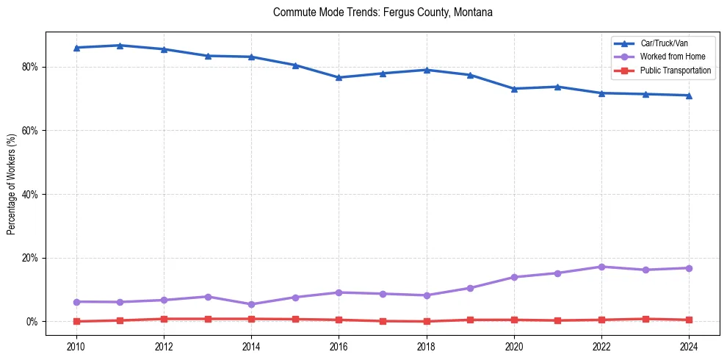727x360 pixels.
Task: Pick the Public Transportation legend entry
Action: [675, 71]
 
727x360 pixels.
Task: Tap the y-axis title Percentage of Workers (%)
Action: [12, 184]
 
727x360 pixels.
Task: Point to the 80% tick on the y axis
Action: [31, 67]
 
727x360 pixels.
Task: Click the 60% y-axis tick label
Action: [31, 131]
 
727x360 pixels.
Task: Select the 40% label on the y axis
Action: [31, 195]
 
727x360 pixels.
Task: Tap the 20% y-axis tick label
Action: [31, 258]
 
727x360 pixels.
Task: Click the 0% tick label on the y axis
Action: [33, 322]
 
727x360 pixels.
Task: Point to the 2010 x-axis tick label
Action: [76, 347]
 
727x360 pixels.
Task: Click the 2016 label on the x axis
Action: [339, 347]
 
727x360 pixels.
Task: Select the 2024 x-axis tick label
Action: [689, 347]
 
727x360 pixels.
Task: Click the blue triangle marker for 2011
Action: [120, 46]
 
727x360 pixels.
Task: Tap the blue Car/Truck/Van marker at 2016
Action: [339, 77]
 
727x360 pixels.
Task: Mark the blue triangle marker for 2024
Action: [689, 96]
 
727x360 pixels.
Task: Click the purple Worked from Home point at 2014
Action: [251, 304]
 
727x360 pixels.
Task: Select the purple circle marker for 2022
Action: [601, 267]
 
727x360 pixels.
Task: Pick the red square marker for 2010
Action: [76, 321]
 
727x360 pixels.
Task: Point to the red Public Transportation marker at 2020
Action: [514, 320]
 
